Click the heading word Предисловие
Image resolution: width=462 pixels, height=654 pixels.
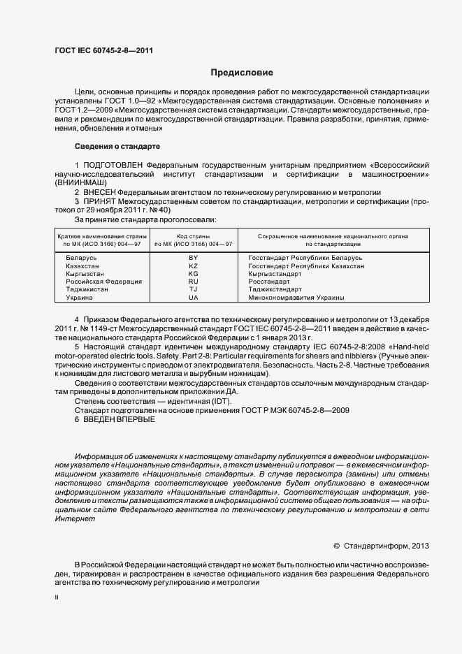point(242,73)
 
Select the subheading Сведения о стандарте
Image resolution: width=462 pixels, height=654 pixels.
point(117,146)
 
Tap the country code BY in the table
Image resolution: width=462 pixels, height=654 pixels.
point(194,258)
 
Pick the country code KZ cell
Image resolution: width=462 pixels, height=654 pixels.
point(194,266)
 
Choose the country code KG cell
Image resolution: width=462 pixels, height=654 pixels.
point(194,274)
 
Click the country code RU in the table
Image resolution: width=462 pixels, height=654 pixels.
point(194,282)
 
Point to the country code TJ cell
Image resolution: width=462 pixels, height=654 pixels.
point(194,289)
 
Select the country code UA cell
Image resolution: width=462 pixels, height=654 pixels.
point(194,298)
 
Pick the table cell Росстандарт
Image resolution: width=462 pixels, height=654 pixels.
point(269,282)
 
